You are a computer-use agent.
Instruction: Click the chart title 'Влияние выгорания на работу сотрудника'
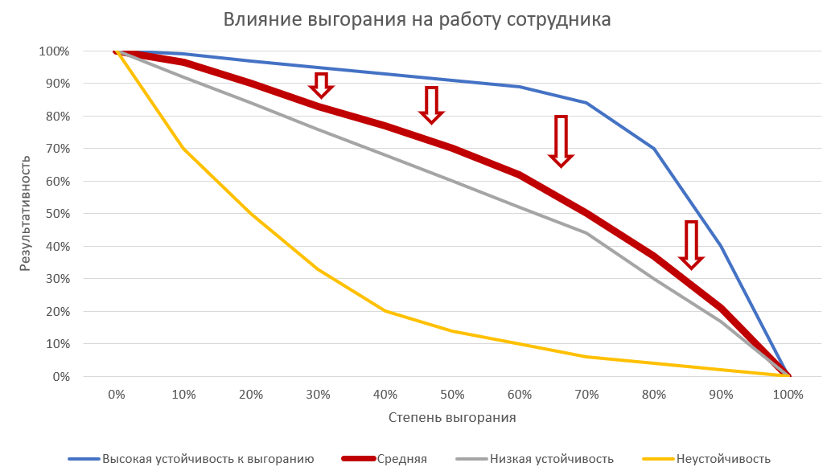point(416,19)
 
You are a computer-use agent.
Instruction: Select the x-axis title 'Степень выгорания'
point(452,417)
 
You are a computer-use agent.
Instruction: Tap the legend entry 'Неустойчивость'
point(723,459)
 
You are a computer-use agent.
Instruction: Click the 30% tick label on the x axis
point(319,395)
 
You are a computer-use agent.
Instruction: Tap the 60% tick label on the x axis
point(520,395)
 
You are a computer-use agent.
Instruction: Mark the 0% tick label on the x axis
point(117,395)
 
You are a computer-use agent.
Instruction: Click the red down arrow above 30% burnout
point(321,84)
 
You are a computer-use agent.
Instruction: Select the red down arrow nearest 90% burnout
point(691,244)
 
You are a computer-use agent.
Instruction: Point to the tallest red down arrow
point(561,141)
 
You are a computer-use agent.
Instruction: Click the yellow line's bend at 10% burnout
point(184,149)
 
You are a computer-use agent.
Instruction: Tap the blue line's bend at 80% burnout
point(654,149)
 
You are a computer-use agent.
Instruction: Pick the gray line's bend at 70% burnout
point(586,233)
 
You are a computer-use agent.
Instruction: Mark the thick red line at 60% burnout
point(520,174)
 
